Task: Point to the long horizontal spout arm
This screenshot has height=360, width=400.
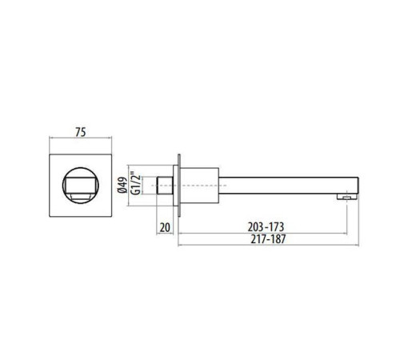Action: click(280, 182)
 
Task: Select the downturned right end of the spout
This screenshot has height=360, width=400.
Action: click(350, 186)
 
